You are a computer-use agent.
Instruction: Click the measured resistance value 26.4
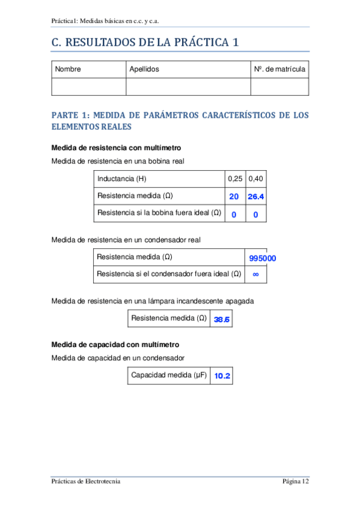(x=256, y=197)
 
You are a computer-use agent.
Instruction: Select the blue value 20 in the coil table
(x=234, y=197)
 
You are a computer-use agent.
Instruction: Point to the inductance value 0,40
(x=256, y=179)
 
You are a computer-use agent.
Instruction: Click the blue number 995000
(x=263, y=258)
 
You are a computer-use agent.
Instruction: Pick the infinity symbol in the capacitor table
(x=255, y=274)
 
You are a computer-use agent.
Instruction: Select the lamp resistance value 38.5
(x=221, y=319)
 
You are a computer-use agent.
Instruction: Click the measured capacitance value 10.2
(x=222, y=376)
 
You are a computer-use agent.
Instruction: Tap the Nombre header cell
(x=68, y=69)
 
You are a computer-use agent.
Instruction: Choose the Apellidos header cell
(x=144, y=69)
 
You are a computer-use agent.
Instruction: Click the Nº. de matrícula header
(x=279, y=69)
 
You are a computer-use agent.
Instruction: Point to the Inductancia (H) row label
(x=121, y=179)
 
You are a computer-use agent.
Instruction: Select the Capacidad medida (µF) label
(x=169, y=375)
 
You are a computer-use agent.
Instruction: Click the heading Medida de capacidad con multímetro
(x=115, y=345)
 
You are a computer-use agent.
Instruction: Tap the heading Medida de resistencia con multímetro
(x=117, y=148)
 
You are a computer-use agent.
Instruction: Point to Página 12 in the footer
(x=296, y=481)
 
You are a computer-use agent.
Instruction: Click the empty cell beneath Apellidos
(x=188, y=87)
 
